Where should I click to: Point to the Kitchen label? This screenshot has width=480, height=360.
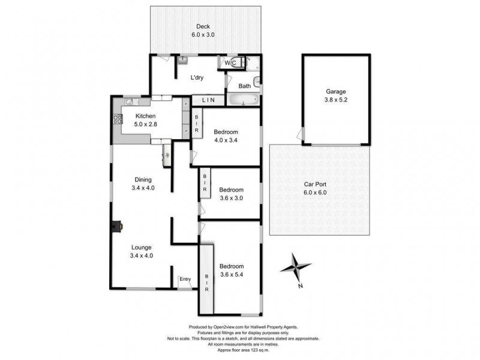[x=146, y=116]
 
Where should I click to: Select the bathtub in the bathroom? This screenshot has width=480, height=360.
[x=242, y=100]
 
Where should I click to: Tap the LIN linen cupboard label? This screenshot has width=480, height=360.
[x=208, y=100]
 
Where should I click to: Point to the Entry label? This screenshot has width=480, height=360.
[x=185, y=278]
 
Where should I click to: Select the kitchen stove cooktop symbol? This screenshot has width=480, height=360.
[x=117, y=119]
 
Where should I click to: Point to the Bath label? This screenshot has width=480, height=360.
[x=244, y=86]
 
